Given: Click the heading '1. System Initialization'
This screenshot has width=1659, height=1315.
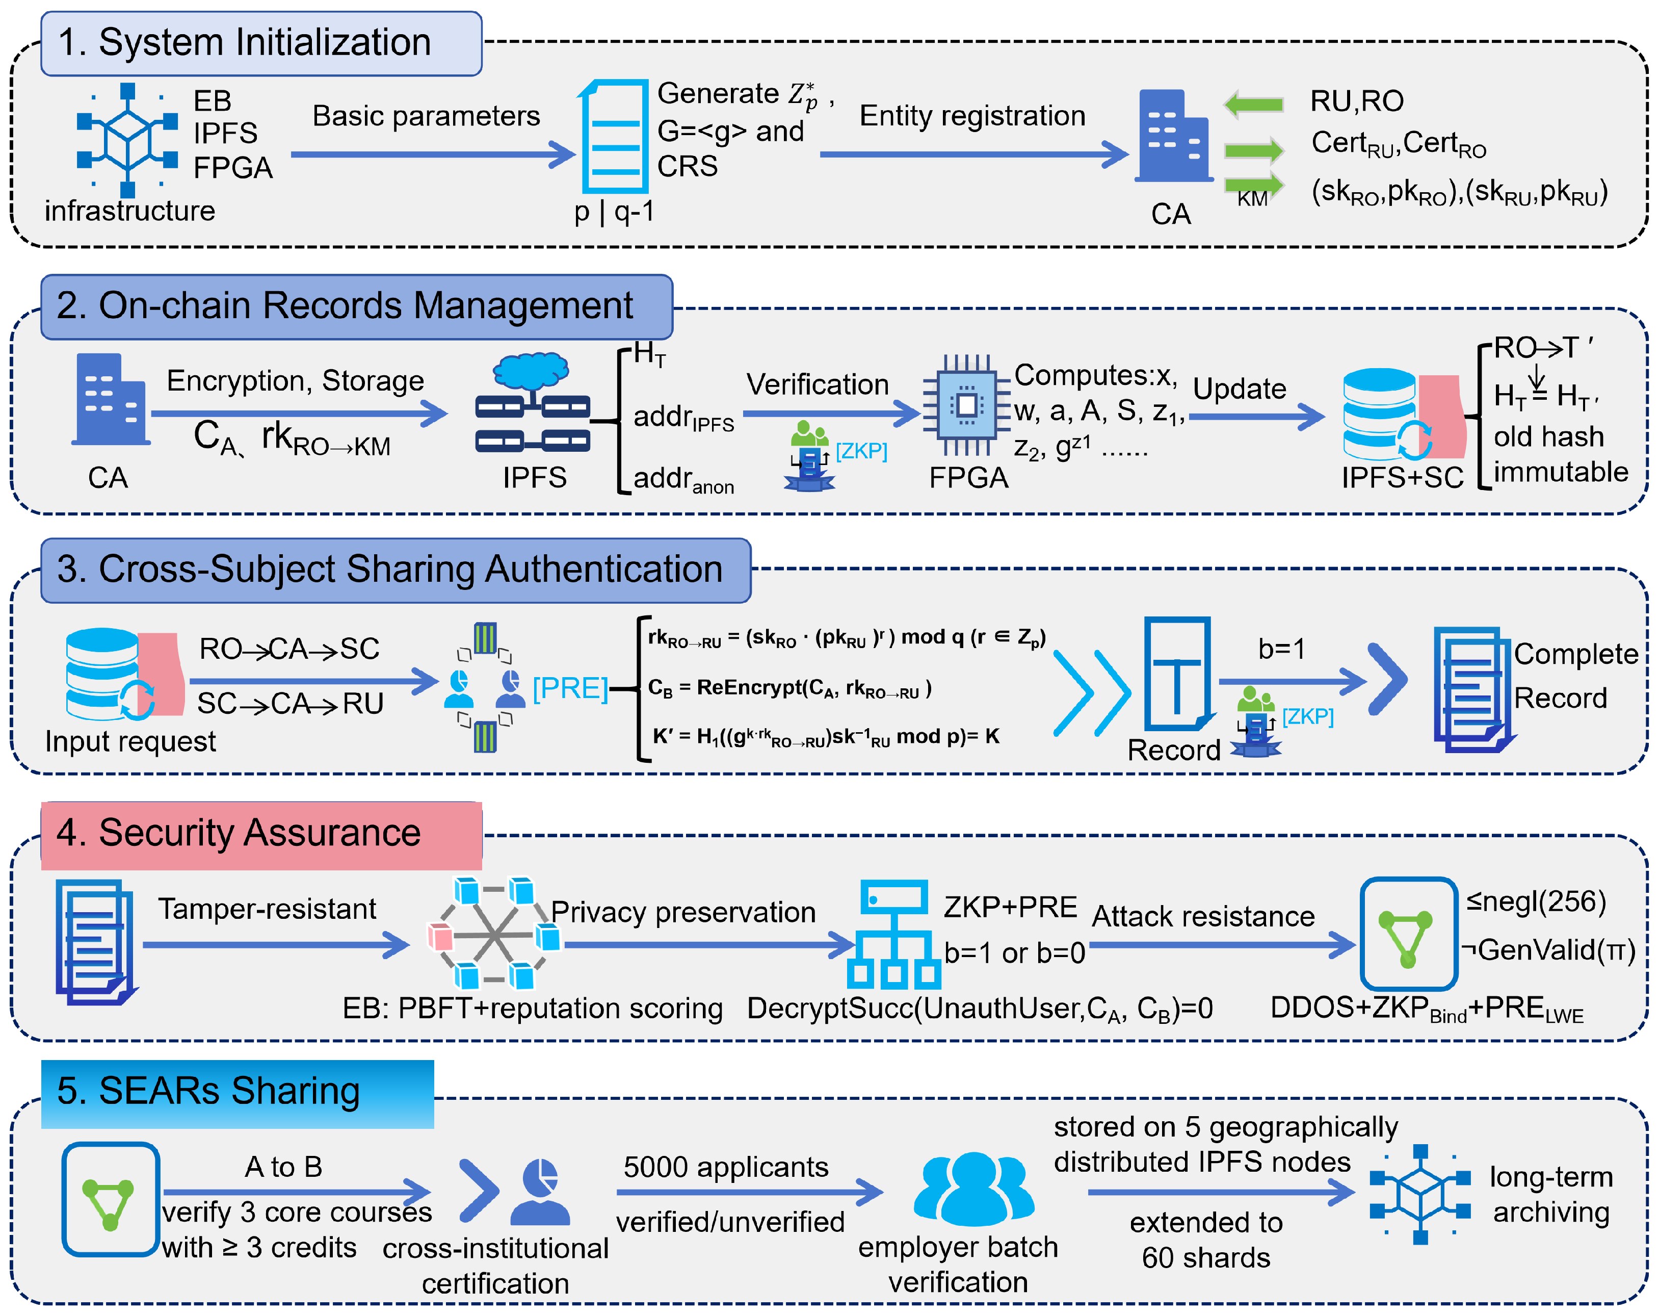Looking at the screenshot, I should click(245, 42).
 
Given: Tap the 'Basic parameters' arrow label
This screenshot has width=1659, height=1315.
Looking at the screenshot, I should click(426, 116).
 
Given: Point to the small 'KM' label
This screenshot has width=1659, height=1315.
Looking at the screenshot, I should click(1252, 199).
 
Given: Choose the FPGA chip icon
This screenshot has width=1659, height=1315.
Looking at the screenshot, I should click(966, 404).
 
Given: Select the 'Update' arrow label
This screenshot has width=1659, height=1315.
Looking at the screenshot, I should click(1239, 389).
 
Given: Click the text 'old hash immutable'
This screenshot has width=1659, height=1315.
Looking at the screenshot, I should click(1560, 454).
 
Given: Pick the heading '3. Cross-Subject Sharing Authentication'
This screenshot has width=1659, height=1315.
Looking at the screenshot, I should click(390, 570).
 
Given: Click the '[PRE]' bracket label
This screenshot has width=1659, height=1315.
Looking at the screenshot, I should click(569, 687).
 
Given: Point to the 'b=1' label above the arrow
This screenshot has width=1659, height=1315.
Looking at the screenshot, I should click(1281, 649).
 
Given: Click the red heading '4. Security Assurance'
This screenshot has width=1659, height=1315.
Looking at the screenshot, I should click(239, 833).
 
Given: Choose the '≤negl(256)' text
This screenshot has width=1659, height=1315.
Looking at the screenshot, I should click(1536, 901).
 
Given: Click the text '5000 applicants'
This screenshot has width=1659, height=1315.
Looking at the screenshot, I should click(726, 1167).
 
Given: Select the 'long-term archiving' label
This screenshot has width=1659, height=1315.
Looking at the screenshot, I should click(1550, 1194).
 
